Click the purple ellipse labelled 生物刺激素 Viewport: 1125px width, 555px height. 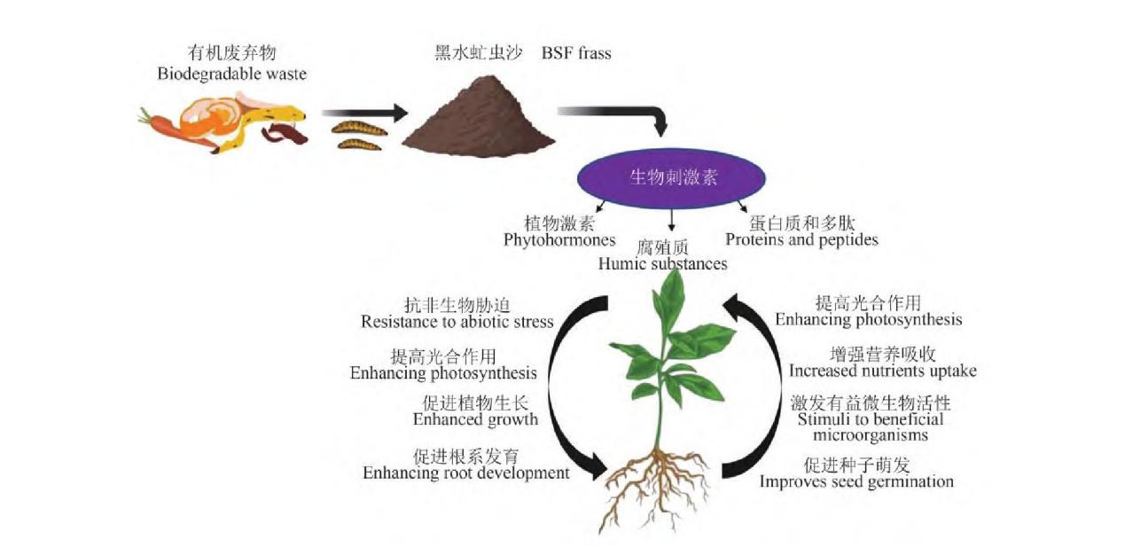[x=672, y=176]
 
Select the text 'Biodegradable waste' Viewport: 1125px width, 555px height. [x=231, y=74]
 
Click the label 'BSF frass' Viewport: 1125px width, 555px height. [x=576, y=53]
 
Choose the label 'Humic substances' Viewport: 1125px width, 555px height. [x=662, y=263]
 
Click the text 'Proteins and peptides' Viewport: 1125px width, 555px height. [x=801, y=239]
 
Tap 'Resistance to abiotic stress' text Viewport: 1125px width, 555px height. [x=457, y=321]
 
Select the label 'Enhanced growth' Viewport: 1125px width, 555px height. [x=475, y=419]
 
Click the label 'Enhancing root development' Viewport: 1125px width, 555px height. [x=465, y=473]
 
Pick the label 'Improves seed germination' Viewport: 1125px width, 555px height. [x=855, y=481]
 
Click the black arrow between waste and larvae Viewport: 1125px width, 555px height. [x=363, y=113]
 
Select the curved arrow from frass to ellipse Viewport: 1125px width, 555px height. [x=621, y=115]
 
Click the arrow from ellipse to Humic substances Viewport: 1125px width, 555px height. [x=671, y=220]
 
